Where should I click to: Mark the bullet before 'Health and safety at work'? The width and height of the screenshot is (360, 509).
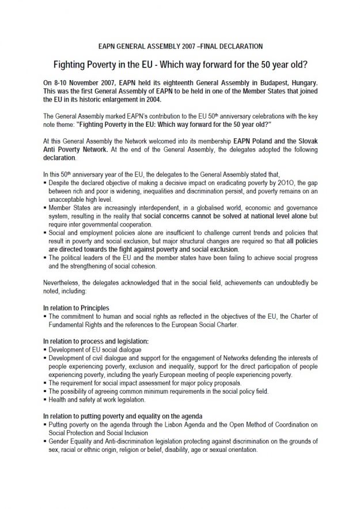tap(45, 399)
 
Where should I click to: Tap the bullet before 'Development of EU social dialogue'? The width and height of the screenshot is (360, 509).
tap(45, 350)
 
